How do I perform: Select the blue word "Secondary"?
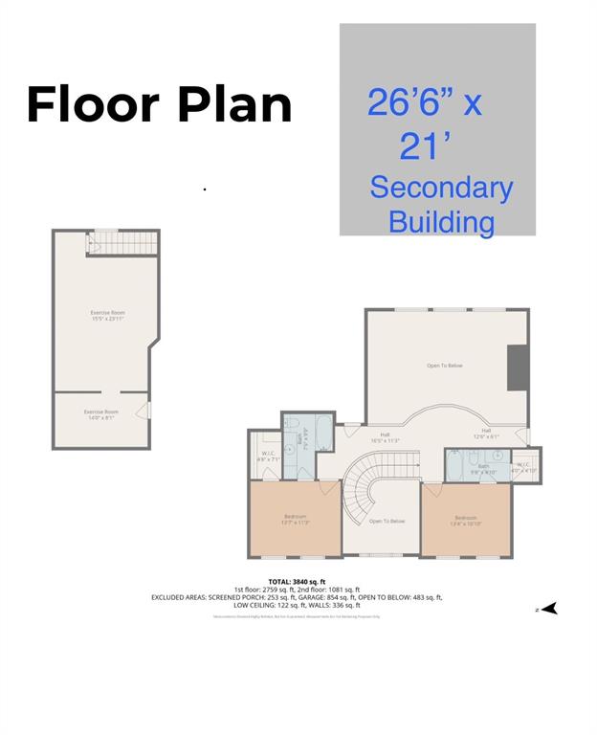coord(441,188)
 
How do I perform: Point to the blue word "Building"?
coord(441,222)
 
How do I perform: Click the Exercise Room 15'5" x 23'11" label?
coord(107,316)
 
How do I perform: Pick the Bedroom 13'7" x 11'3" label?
coord(295,519)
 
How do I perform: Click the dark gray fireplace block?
coord(517,367)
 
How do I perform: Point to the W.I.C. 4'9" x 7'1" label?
coord(268,457)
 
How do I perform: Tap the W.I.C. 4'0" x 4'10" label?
coord(525,468)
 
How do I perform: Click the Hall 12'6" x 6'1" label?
coord(486,434)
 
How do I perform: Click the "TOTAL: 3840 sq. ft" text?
coord(297,581)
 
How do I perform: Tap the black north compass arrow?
coord(547,608)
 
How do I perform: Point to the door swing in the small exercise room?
coord(143,411)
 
